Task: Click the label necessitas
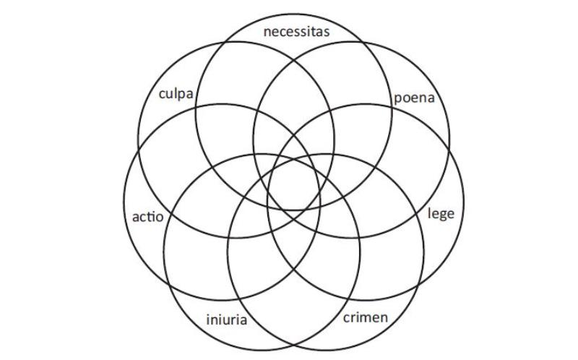point(296,31)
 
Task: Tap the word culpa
point(175,94)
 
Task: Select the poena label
point(415,98)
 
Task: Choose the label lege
point(441,214)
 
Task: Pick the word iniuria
point(227,319)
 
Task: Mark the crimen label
point(365,317)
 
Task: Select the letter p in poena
point(398,99)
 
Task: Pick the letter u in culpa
point(171,94)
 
